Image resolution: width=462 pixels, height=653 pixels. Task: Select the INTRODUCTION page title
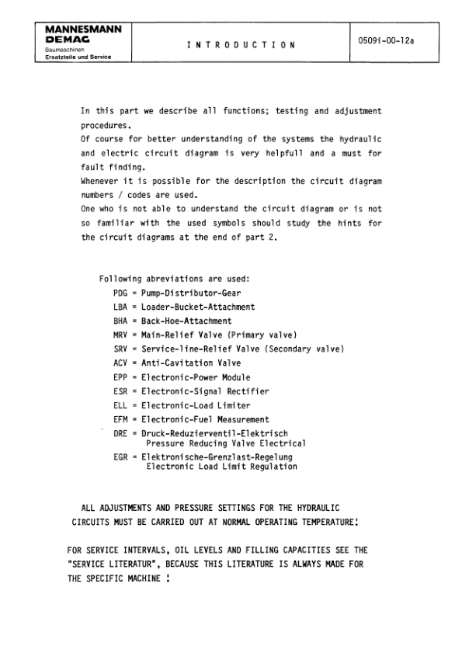[241, 46]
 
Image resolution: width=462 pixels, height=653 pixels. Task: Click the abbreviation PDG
[120, 293]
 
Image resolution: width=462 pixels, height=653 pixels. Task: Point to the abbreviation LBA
[120, 307]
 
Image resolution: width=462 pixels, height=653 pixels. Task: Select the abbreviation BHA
[120, 321]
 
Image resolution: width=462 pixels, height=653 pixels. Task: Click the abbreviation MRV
[120, 335]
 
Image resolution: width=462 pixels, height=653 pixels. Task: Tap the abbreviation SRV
[120, 349]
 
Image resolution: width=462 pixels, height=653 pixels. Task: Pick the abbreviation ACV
[120, 363]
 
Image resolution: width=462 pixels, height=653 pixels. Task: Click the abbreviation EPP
[120, 377]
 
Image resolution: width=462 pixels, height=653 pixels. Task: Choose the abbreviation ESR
[120, 391]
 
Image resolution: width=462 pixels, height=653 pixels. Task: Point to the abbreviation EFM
[120, 419]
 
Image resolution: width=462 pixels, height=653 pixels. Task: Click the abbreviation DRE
[120, 433]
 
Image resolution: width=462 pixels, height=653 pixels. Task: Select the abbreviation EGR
[120, 457]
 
